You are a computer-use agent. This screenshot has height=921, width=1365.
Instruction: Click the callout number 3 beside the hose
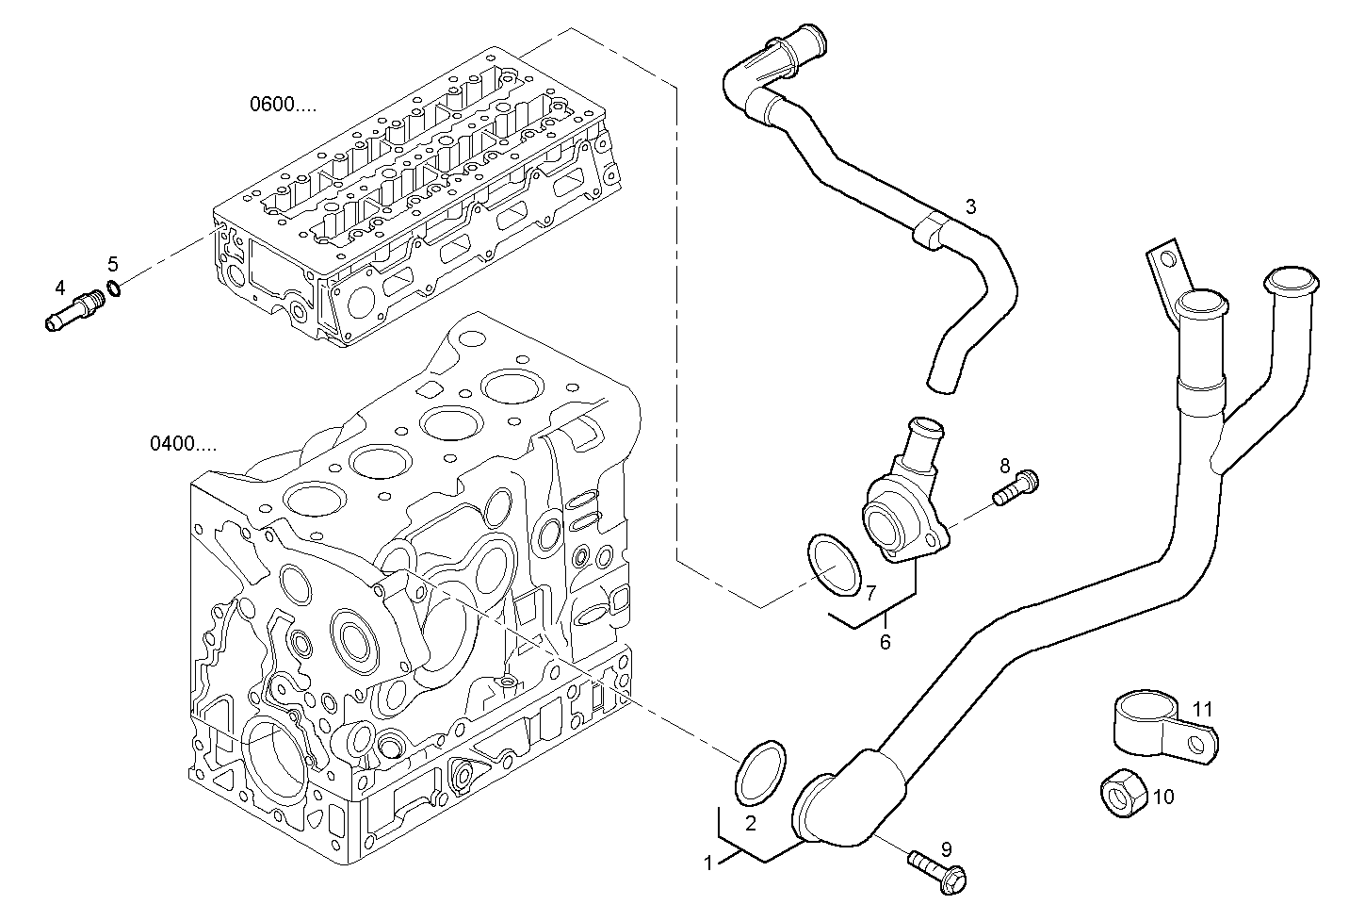coord(970,206)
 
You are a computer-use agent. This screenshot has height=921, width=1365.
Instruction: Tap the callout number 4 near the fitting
coord(59,287)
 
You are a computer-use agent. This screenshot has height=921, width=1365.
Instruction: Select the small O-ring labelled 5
coord(114,287)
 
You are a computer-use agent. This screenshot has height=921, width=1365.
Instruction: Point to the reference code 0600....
coord(283,105)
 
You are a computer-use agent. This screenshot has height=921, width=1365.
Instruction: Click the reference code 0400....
coord(183,443)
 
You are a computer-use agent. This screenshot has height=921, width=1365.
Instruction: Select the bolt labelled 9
coord(936,869)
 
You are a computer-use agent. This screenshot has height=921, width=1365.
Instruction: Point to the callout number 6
coord(885,643)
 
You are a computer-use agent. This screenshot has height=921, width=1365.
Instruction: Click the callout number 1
coord(708,861)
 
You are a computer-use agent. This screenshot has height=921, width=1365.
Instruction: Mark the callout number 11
coord(1203,709)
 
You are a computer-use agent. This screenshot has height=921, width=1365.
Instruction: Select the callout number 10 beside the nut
coord(1163,798)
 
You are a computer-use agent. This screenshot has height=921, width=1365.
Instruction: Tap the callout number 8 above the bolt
coord(1004,465)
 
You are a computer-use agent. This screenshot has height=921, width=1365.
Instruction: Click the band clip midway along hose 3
coord(930,229)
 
